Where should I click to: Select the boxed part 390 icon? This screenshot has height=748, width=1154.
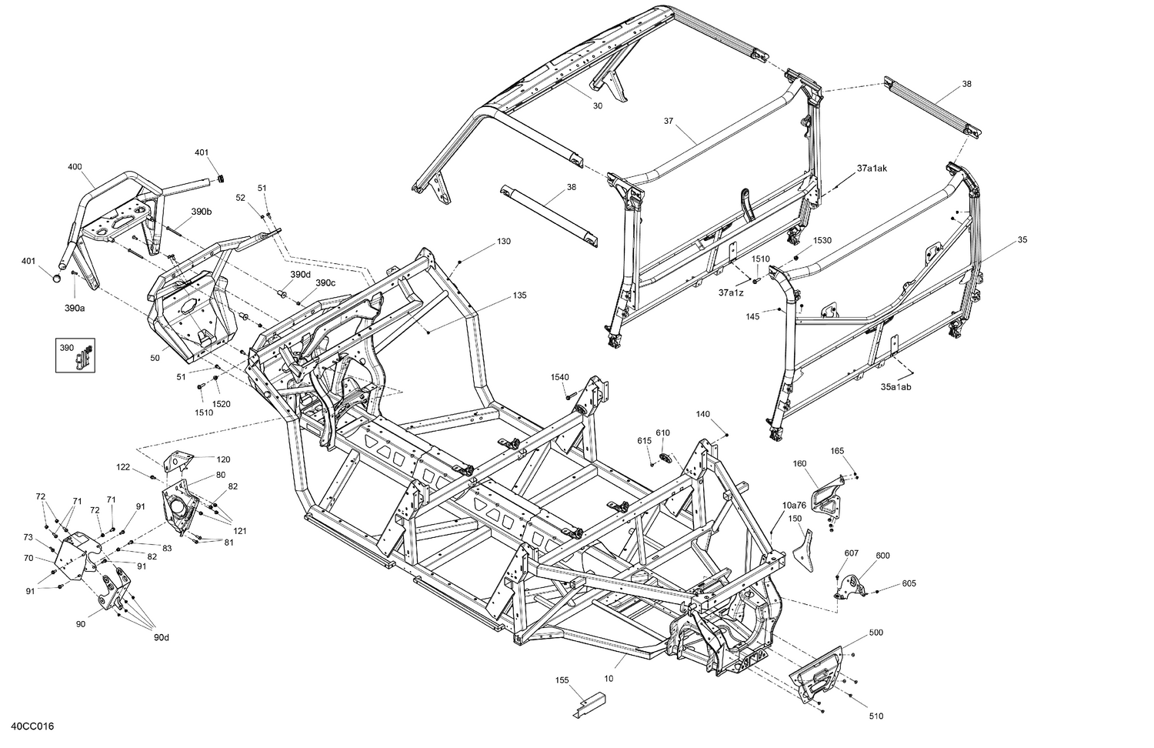[75, 354]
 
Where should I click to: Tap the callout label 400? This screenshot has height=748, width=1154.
[75, 167]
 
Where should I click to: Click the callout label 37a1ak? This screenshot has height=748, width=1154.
[872, 168]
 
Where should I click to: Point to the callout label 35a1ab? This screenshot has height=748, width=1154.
[896, 387]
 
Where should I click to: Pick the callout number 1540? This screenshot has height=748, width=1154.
[559, 376]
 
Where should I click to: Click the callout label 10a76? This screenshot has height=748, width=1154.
[794, 506]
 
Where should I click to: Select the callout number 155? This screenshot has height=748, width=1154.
[562, 680]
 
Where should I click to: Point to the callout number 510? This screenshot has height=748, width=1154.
[876, 716]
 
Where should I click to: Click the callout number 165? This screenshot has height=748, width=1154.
[838, 450]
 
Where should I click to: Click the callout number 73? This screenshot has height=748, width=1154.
[28, 537]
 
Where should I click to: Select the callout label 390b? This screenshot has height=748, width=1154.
[202, 212]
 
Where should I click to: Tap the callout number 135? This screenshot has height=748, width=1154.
[519, 296]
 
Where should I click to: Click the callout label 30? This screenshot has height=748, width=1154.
[598, 106]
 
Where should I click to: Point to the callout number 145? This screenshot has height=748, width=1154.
[752, 316]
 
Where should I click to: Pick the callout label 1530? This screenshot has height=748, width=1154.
[822, 241]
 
